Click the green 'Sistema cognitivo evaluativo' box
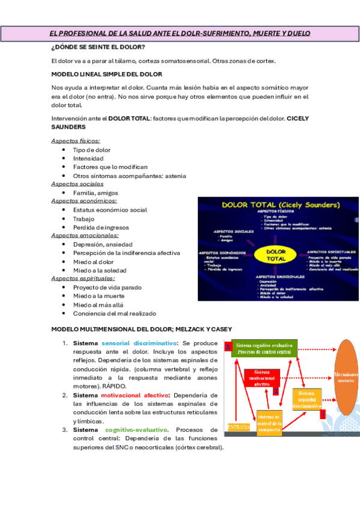pyautogui.click(x=264, y=349)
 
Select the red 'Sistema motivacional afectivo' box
pyautogui.click(x=261, y=378)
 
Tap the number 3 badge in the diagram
pyautogui.click(x=228, y=347)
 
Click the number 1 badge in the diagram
pyautogui.click(x=323, y=414)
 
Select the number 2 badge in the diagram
pyautogui.click(x=276, y=390)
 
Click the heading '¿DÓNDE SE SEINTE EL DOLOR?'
pyautogui.click(x=97, y=47)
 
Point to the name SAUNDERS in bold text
pyautogui.click(x=68, y=127)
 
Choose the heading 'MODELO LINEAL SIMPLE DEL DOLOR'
pyautogui.click(x=106, y=74)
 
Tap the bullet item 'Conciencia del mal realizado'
pyautogui.click(x=114, y=313)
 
